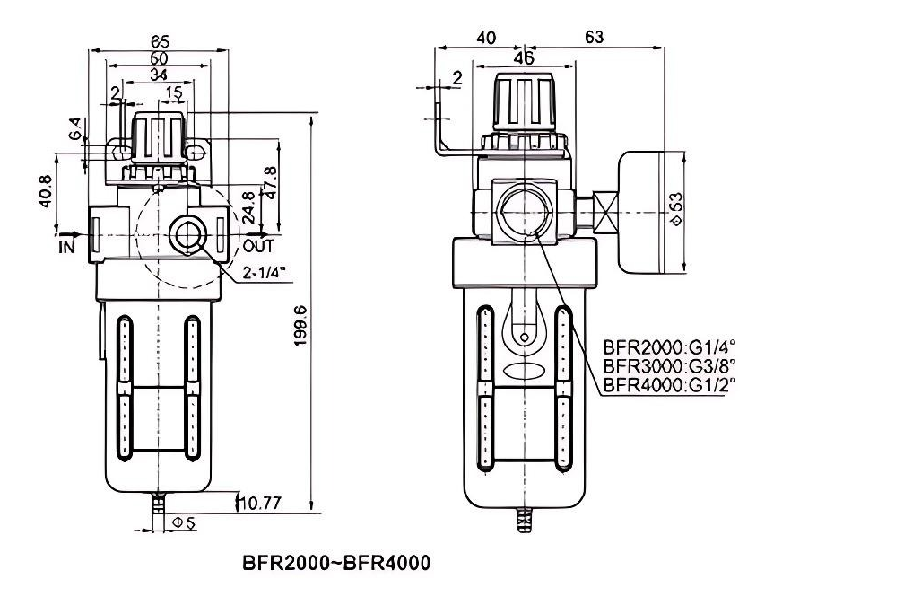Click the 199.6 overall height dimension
(301, 326)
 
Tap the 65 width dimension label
(160, 41)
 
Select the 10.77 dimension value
(260, 504)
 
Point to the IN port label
(67, 246)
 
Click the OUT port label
(258, 246)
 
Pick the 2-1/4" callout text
(264, 272)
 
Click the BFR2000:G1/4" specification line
(669, 347)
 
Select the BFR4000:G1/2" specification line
(669, 384)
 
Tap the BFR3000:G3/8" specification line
(669, 366)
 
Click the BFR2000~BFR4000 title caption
(336, 563)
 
